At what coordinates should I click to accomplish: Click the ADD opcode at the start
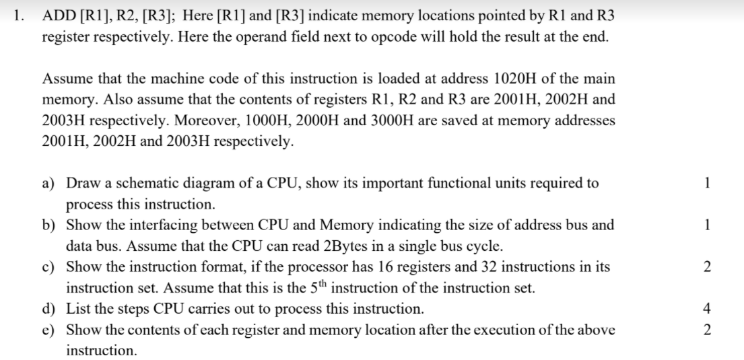coord(59,15)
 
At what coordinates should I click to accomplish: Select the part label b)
coord(51,225)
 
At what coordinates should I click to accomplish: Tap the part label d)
coord(51,310)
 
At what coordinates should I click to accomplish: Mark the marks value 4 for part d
coord(724,310)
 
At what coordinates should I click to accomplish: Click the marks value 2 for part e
coord(724,330)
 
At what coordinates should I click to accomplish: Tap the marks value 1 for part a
coord(724,184)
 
